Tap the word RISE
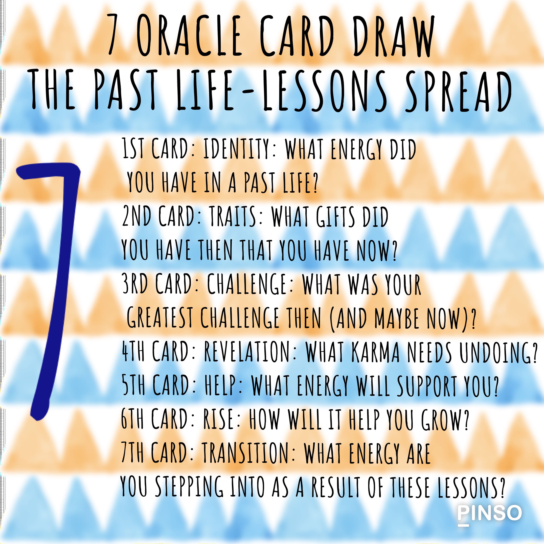click(218, 420)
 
